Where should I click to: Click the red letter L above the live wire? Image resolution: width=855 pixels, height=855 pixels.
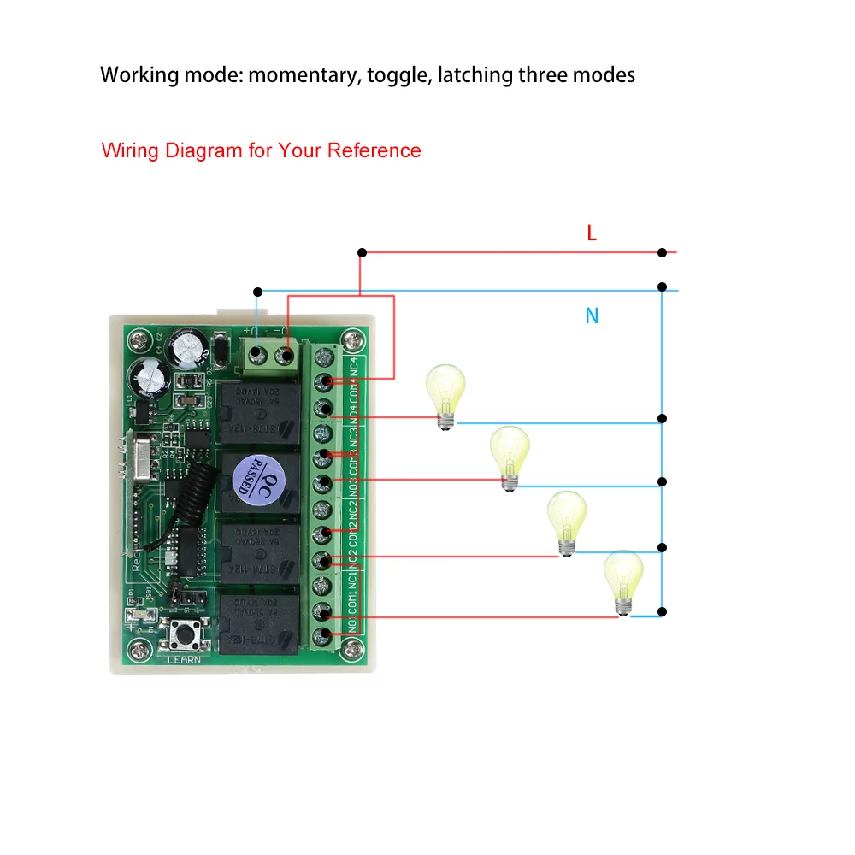pos(592,233)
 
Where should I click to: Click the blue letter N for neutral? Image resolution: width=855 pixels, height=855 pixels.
pos(592,315)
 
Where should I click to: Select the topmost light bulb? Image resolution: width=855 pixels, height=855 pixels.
pos(445,395)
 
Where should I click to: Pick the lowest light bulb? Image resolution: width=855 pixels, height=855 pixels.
pos(623,582)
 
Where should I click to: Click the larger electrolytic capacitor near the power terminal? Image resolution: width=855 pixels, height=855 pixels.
pos(188,351)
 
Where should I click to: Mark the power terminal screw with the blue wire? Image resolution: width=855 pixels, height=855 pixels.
pos(257,352)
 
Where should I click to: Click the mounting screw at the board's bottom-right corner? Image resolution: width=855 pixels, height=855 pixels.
pos(349,652)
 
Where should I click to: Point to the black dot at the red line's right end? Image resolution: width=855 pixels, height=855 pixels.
pos(662,252)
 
